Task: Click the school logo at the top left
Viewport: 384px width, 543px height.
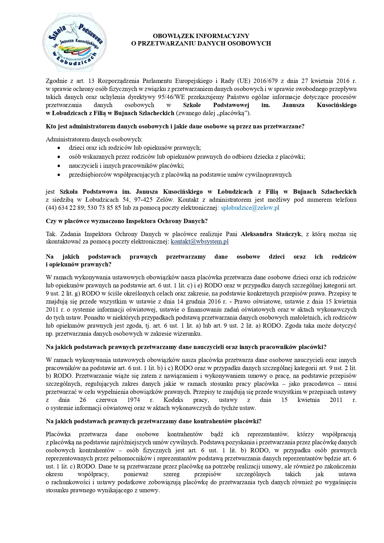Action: (74, 43)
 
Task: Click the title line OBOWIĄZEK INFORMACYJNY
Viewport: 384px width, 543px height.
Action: (201, 36)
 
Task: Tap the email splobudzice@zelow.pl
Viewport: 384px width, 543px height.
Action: (250, 208)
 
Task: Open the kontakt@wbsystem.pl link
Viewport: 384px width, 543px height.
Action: (200, 242)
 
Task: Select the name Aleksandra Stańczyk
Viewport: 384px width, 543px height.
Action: (271, 234)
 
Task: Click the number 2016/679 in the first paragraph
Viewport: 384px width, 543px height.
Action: (265, 81)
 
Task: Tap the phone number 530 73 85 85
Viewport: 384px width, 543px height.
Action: (104, 208)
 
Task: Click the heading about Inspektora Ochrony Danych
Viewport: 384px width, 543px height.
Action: (127, 221)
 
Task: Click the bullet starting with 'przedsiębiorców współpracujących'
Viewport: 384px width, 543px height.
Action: (180, 175)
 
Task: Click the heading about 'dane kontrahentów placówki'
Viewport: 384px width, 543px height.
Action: (153, 421)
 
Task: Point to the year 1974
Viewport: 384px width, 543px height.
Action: (133, 400)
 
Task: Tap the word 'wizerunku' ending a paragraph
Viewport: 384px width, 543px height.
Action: (188, 334)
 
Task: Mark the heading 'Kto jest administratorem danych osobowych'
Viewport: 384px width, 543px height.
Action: (175, 126)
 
